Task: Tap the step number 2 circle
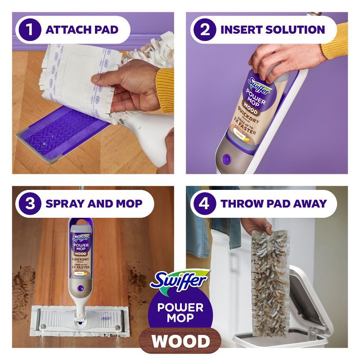pyautogui.click(x=205, y=30)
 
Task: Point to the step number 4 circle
pyautogui.click(x=205, y=204)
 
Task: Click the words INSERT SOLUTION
pyautogui.click(x=273, y=30)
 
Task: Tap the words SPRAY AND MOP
pyautogui.click(x=94, y=204)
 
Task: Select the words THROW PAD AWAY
pyautogui.click(x=274, y=204)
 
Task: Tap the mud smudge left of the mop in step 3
pyautogui.click(x=27, y=274)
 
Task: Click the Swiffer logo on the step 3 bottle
pyautogui.click(x=82, y=238)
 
